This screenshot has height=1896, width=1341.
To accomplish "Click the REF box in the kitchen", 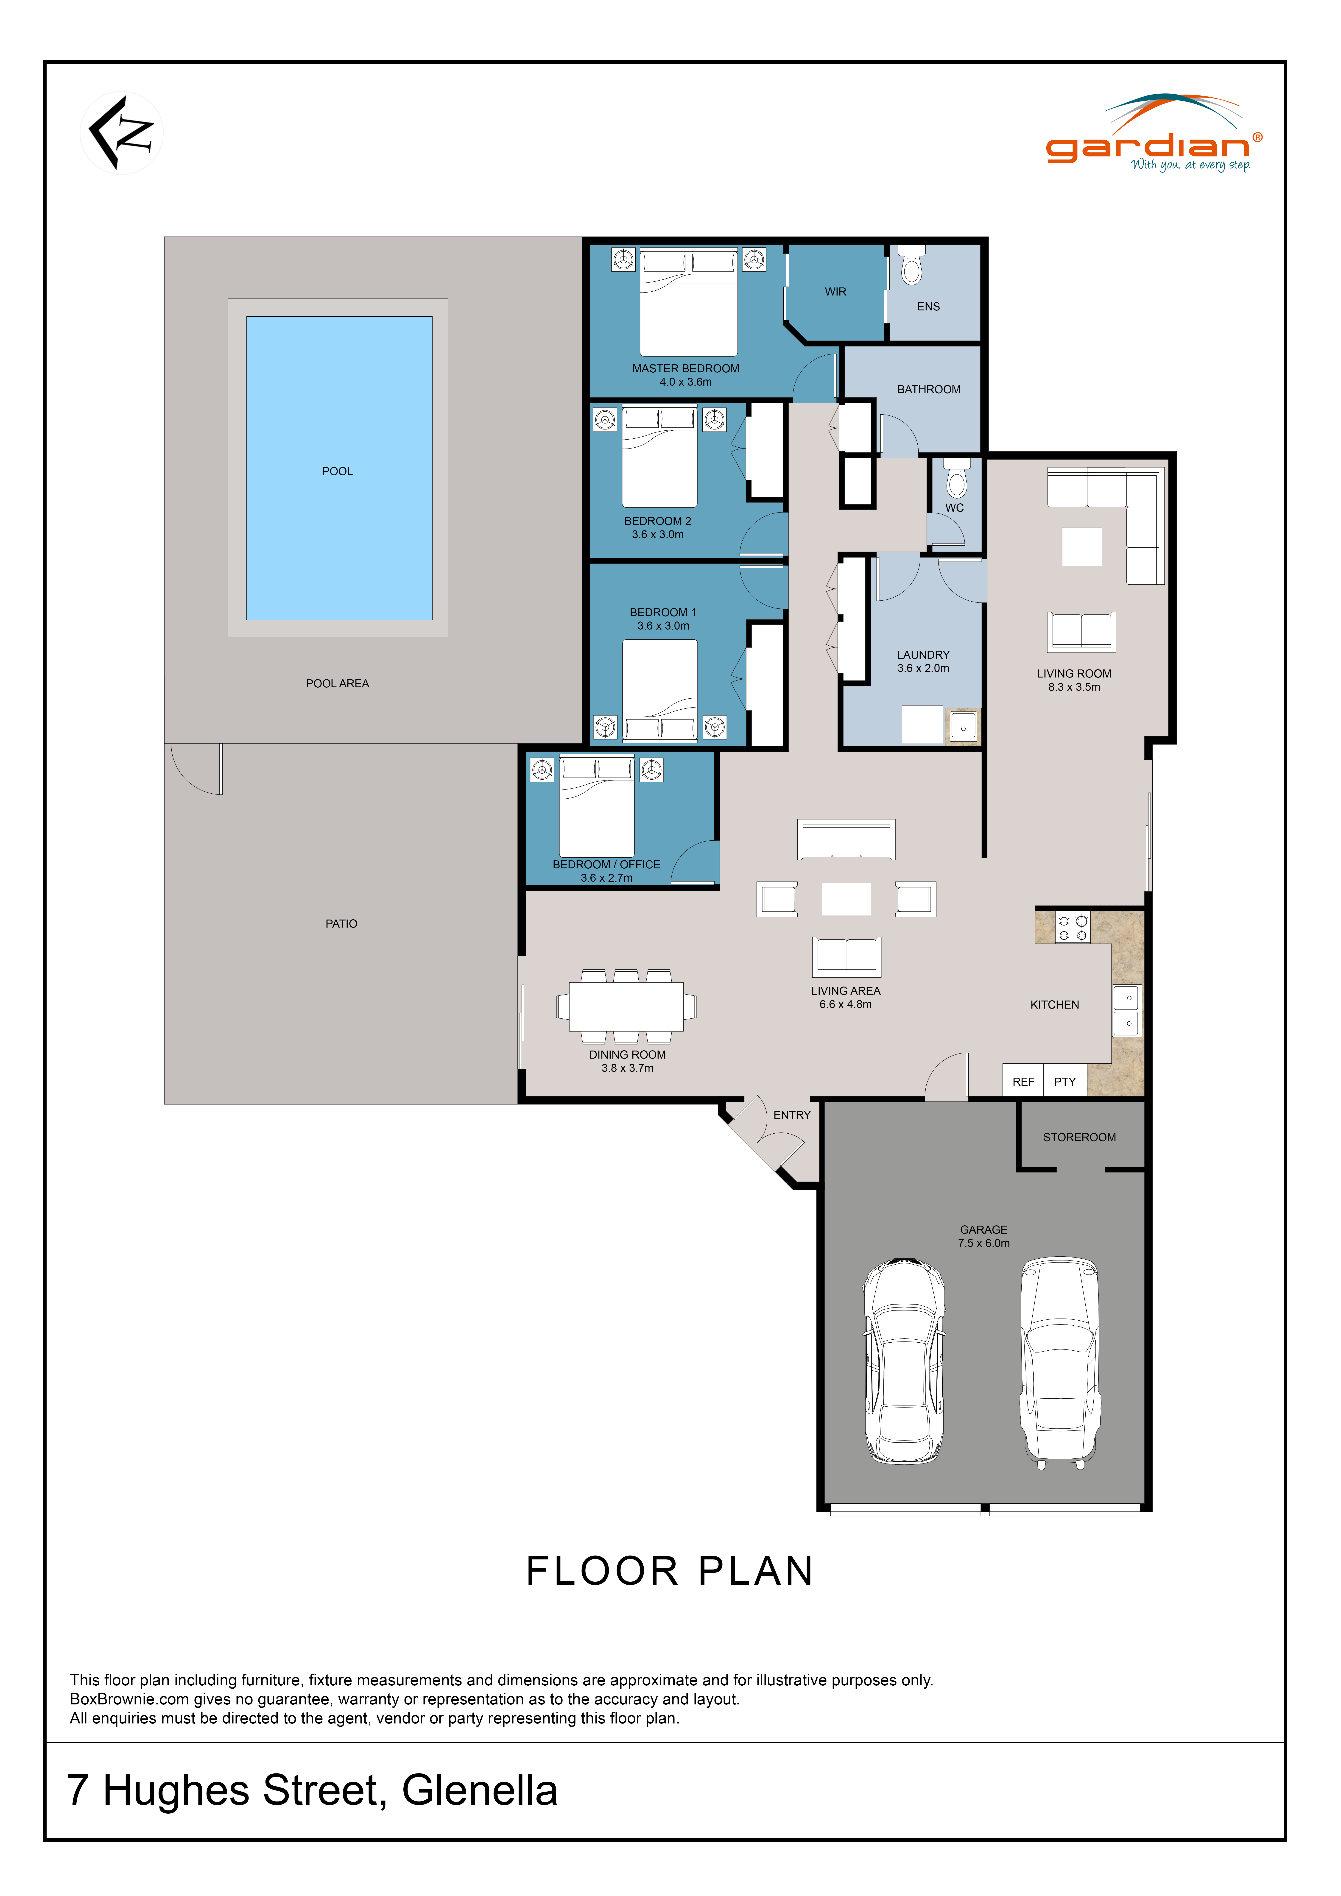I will tap(1023, 1081).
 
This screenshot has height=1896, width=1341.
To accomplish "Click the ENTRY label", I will tap(792, 1115).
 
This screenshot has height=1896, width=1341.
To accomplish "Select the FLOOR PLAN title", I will tap(670, 1571).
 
